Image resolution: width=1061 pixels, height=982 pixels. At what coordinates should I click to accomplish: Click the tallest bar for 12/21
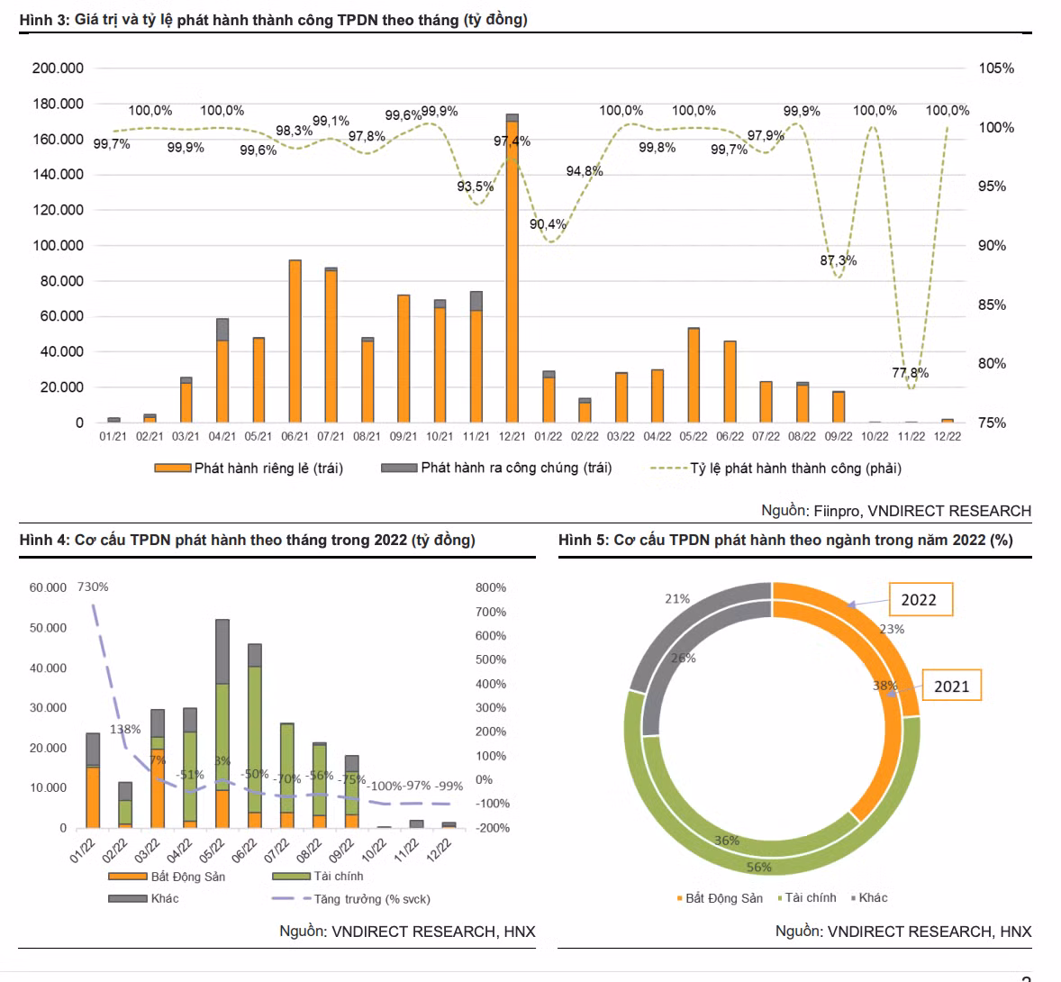click(x=512, y=270)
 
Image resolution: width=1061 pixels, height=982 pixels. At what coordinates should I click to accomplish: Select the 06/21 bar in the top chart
click(x=295, y=341)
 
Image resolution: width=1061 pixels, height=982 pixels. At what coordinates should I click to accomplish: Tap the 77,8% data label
click(x=911, y=373)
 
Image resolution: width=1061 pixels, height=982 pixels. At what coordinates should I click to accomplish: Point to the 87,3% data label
click(x=838, y=260)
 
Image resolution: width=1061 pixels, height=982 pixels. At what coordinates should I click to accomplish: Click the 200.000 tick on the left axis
click(x=58, y=68)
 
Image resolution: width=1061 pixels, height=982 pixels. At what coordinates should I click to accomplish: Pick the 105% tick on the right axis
click(x=996, y=68)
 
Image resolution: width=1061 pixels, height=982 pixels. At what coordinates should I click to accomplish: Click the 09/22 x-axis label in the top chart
click(x=839, y=437)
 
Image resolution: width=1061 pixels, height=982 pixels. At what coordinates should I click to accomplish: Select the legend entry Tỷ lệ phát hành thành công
click(x=795, y=468)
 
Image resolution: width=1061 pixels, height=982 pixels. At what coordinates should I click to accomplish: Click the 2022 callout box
click(x=919, y=599)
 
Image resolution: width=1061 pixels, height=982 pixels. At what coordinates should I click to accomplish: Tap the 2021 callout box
click(x=951, y=686)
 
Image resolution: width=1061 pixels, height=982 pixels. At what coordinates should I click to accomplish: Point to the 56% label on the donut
click(x=759, y=867)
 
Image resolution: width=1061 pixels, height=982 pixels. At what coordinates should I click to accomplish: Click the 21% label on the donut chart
click(x=677, y=599)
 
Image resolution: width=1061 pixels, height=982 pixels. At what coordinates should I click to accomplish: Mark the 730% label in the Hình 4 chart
click(x=93, y=587)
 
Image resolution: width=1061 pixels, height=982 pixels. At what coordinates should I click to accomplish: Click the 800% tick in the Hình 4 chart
click(x=491, y=587)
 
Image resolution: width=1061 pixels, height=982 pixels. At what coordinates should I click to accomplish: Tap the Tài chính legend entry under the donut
click(x=810, y=898)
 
